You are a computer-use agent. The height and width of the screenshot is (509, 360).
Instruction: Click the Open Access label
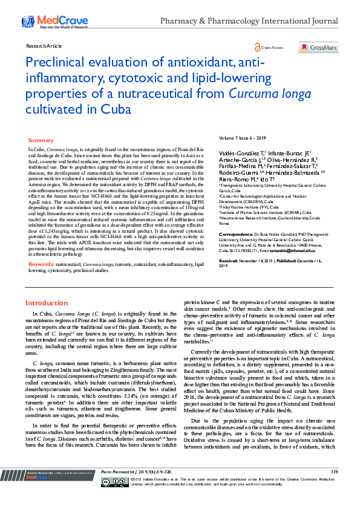pos(274,47)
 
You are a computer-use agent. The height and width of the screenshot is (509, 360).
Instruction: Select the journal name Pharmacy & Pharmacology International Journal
pos(257,21)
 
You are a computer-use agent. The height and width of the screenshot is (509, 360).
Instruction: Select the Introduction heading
pos(47,302)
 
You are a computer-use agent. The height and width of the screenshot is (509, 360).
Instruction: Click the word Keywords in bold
pos(41,264)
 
